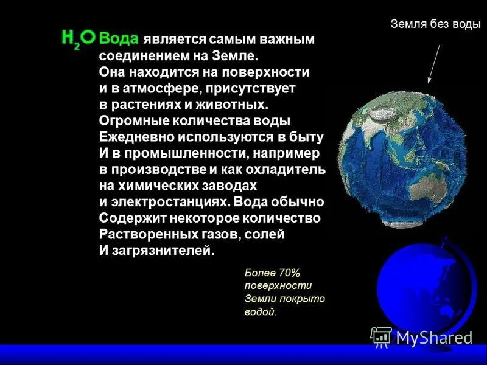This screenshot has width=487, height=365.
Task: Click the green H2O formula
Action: pos(79,39)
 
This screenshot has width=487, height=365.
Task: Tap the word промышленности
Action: pos(177,153)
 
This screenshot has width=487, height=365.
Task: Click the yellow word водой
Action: pos(261,312)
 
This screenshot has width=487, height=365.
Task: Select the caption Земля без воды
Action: pos(435,24)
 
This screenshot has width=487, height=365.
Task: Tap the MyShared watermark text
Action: pos(433,338)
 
